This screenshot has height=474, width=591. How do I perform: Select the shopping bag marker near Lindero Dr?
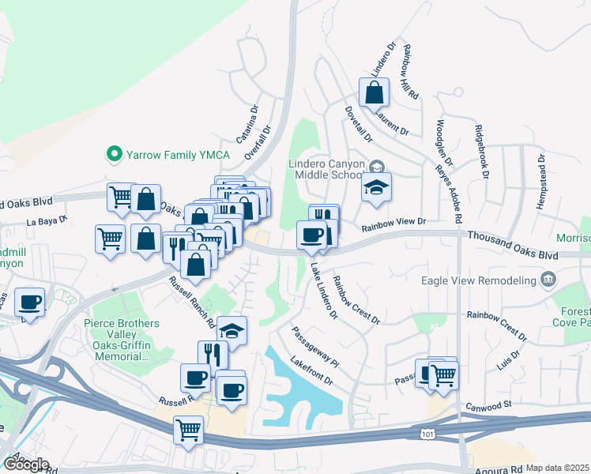click(x=374, y=93)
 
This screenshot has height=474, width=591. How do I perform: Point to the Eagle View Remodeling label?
click(x=491, y=279)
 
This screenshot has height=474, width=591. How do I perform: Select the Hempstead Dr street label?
click(x=542, y=179)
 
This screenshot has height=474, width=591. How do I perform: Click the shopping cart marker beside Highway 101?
click(x=189, y=431)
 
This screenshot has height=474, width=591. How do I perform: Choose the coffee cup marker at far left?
click(x=30, y=303)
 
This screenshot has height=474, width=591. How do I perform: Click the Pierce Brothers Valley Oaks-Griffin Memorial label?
click(x=122, y=340)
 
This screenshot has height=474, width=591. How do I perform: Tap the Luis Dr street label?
click(x=506, y=360)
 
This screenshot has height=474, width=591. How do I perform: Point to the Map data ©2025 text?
click(x=559, y=468)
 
